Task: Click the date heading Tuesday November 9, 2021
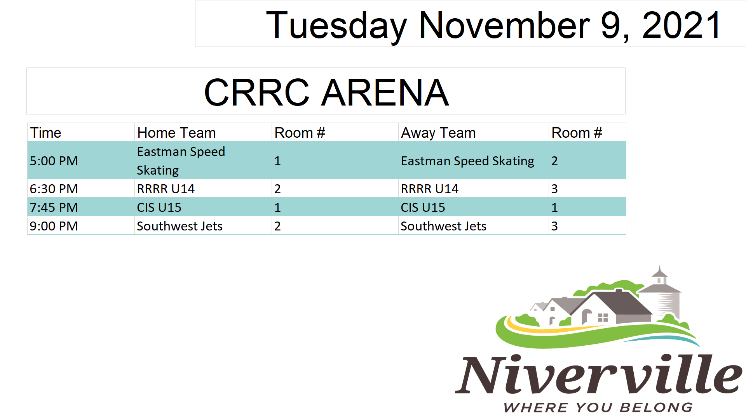click(x=493, y=26)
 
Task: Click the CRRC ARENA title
click(x=326, y=92)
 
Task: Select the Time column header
click(x=46, y=133)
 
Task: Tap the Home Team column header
click(x=176, y=133)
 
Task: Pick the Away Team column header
click(x=438, y=133)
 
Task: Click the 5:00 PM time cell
click(x=54, y=161)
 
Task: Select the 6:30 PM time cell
click(x=54, y=189)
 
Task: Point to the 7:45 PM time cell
click(x=54, y=207)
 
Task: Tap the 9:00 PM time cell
click(x=54, y=226)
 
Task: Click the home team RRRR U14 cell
click(x=166, y=189)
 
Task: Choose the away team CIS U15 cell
click(x=423, y=207)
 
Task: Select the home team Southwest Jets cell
click(x=180, y=226)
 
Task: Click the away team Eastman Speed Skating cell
click(x=467, y=161)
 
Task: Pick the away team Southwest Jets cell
click(x=443, y=226)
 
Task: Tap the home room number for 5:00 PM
click(x=277, y=161)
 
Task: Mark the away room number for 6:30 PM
click(x=554, y=189)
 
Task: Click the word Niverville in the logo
click(x=598, y=374)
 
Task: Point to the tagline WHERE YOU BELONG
click(x=598, y=407)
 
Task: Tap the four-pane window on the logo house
click(x=603, y=318)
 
